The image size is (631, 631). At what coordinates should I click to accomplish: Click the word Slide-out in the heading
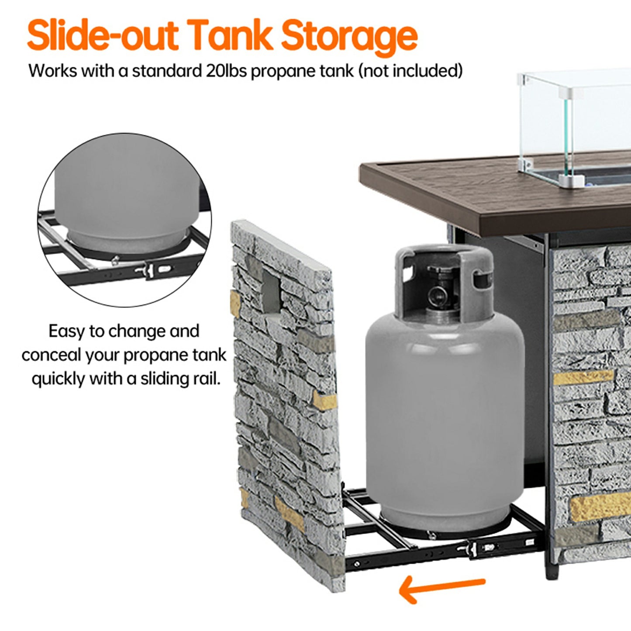click(x=103, y=35)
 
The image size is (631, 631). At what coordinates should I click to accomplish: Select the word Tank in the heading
click(x=230, y=35)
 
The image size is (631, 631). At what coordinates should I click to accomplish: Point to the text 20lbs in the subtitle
click(x=226, y=71)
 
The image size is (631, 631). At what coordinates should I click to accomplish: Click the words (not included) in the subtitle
click(x=410, y=71)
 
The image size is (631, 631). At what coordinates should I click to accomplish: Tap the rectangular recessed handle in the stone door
click(x=271, y=291)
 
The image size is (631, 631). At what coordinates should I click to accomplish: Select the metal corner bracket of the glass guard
click(x=572, y=180)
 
